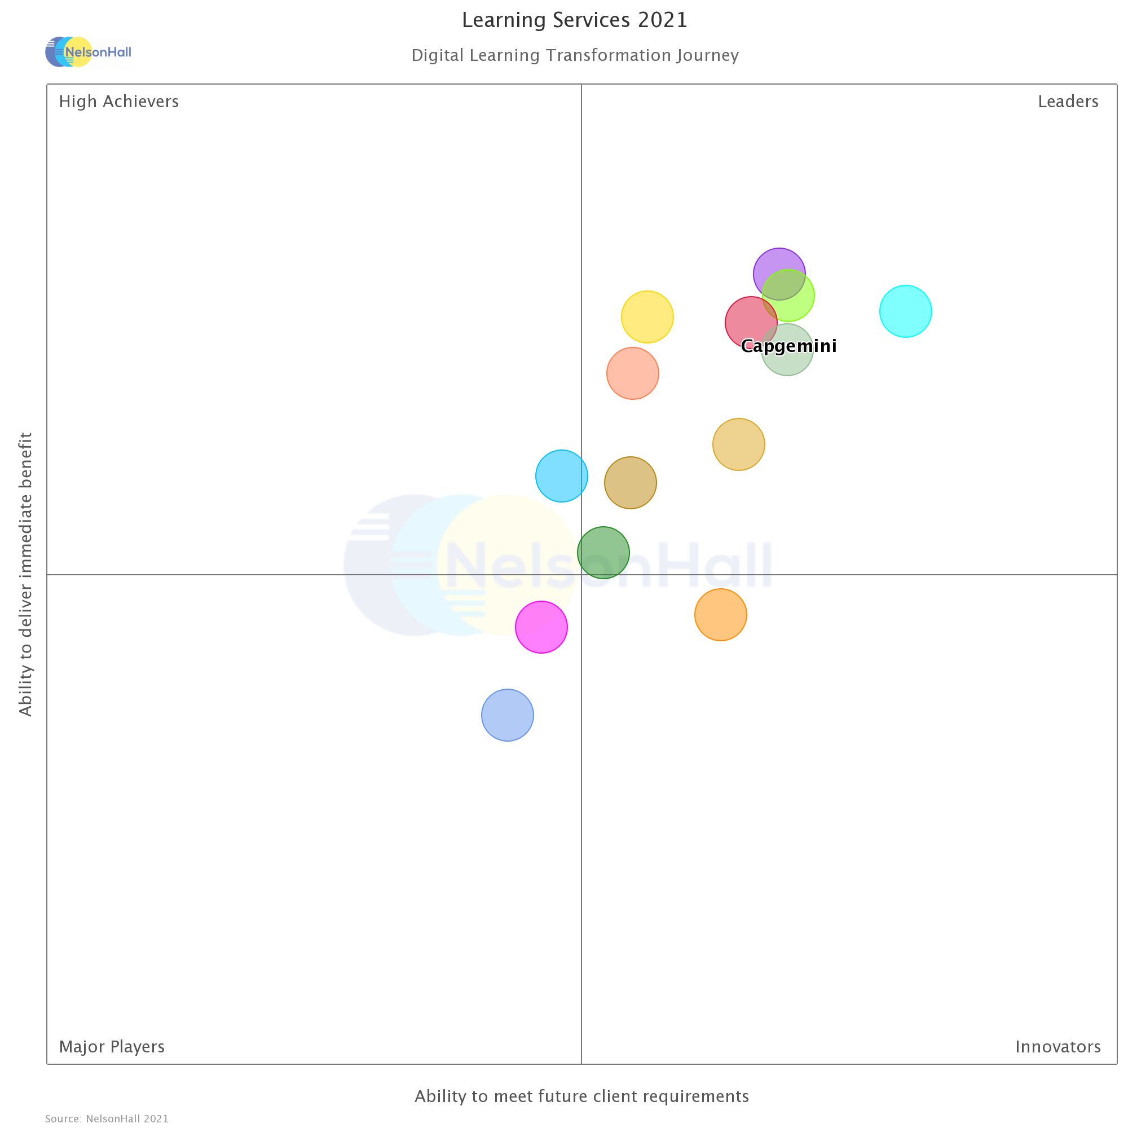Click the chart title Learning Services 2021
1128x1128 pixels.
(x=575, y=20)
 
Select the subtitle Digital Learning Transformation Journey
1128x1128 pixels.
(x=575, y=55)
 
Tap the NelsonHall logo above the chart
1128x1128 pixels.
(x=89, y=52)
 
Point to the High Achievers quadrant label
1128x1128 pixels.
(x=118, y=102)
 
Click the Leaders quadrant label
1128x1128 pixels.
(x=1068, y=102)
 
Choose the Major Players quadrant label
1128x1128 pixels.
(x=112, y=1047)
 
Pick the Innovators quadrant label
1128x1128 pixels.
(x=1058, y=1047)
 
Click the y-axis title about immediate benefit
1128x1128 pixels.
(x=26, y=574)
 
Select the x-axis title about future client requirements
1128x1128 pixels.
(x=581, y=1096)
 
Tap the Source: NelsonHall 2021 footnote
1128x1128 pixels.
(x=107, y=1118)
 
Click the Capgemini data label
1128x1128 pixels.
(x=789, y=346)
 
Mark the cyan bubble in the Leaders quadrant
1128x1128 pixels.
(x=906, y=311)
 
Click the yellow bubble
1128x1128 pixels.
(x=647, y=317)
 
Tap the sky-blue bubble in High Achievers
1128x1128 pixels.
(x=562, y=476)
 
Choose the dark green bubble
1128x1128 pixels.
(x=603, y=552)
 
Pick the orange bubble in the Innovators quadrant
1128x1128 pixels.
(x=720, y=615)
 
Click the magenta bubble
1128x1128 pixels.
(x=541, y=627)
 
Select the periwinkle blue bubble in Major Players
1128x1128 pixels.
(x=508, y=715)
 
